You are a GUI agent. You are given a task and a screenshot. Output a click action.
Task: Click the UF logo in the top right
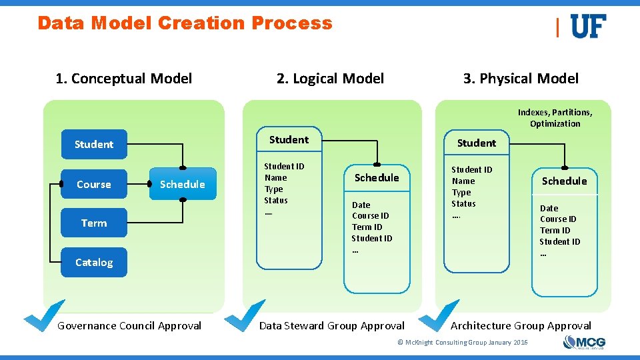(x=588, y=27)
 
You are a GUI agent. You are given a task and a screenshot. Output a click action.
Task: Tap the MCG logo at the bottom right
(x=584, y=343)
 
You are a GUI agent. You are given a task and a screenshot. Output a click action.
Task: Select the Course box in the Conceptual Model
(x=94, y=184)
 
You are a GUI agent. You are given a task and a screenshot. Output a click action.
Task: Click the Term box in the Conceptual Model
(x=94, y=223)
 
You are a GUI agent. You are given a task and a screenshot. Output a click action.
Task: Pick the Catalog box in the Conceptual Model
(x=94, y=262)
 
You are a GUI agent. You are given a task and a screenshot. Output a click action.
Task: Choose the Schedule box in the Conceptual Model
(x=182, y=184)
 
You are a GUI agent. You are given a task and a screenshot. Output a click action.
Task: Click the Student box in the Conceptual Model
(x=94, y=144)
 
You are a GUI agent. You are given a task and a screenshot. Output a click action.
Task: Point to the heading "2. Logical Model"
(x=330, y=79)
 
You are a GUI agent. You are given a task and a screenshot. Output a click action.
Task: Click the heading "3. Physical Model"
(x=521, y=79)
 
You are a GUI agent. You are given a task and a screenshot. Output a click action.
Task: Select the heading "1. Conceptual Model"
(x=124, y=79)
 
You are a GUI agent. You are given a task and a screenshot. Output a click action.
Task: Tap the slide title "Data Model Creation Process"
(x=185, y=23)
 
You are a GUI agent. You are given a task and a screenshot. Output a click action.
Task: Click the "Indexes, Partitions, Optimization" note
(x=555, y=118)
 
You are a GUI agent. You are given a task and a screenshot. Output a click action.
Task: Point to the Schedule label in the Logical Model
(x=377, y=177)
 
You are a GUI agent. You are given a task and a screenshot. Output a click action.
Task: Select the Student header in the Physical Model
(x=476, y=143)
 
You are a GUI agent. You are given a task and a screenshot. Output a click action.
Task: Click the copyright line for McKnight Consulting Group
(x=462, y=343)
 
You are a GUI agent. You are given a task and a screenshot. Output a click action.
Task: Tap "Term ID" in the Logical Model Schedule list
(x=367, y=227)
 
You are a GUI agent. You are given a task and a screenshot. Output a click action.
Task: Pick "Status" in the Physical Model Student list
(x=463, y=204)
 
